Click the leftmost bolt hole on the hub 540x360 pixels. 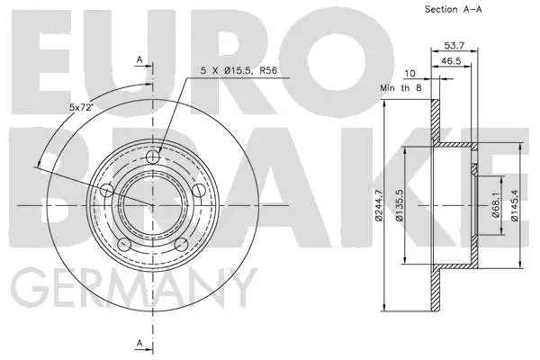pos(108,191)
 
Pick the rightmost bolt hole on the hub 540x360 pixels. pos(196,191)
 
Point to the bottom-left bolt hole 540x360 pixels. pos(125,243)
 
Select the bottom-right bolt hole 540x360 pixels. pos(179,243)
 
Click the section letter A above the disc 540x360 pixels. pos(139,59)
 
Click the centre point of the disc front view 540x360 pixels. pos(152,205)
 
